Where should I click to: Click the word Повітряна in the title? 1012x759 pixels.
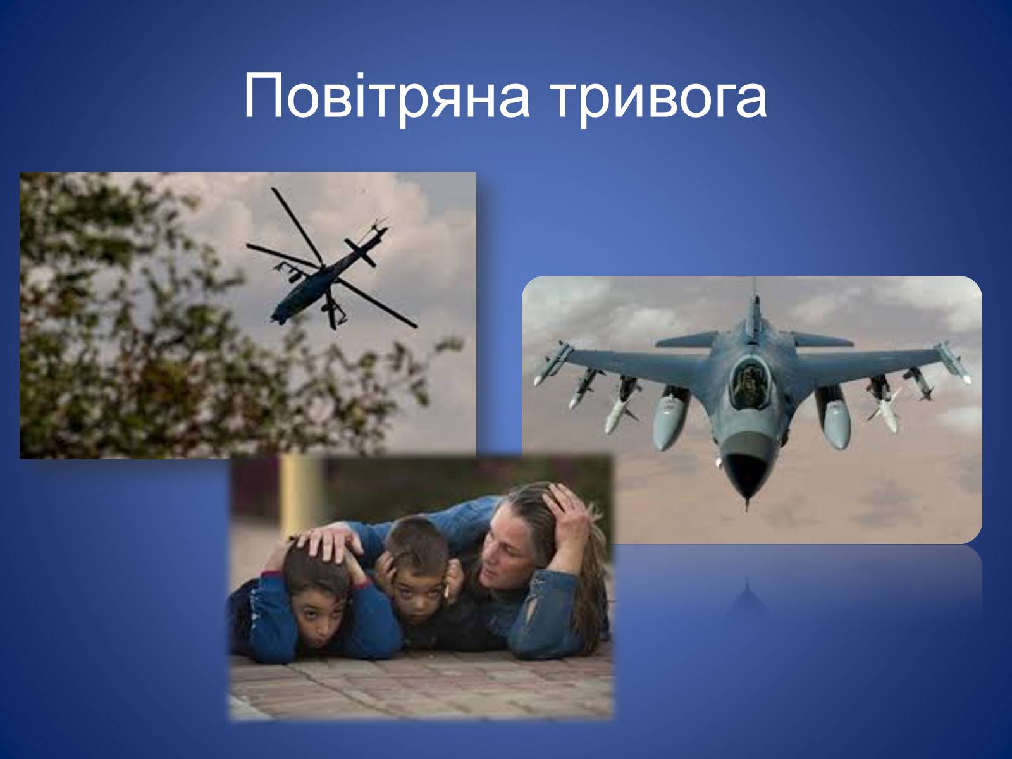click(386, 98)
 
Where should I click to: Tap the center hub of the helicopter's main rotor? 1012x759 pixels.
click(324, 266)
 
